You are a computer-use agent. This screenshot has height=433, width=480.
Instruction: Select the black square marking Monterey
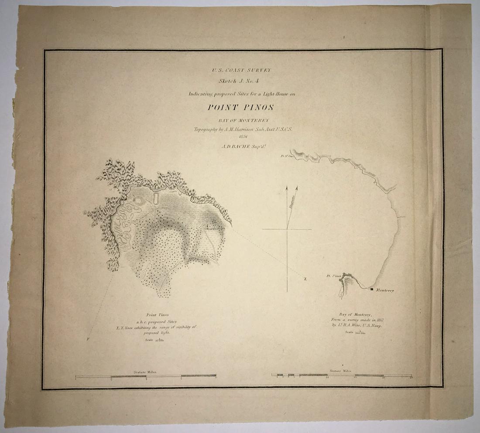click(x=371, y=289)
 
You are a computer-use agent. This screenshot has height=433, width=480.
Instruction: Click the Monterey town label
click(x=385, y=290)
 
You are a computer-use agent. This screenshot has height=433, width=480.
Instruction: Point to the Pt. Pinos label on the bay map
click(x=333, y=276)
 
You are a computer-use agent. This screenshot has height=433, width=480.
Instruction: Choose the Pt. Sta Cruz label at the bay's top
click(x=286, y=155)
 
